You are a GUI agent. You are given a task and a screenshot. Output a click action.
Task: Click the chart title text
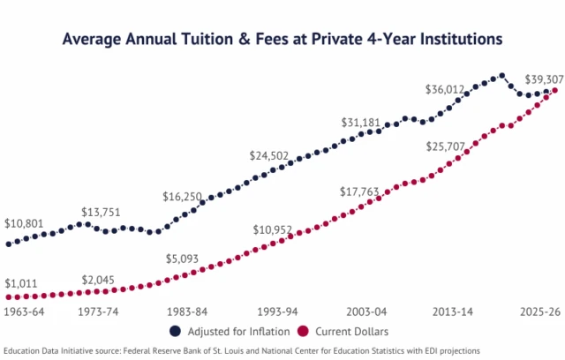pos(282,40)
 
